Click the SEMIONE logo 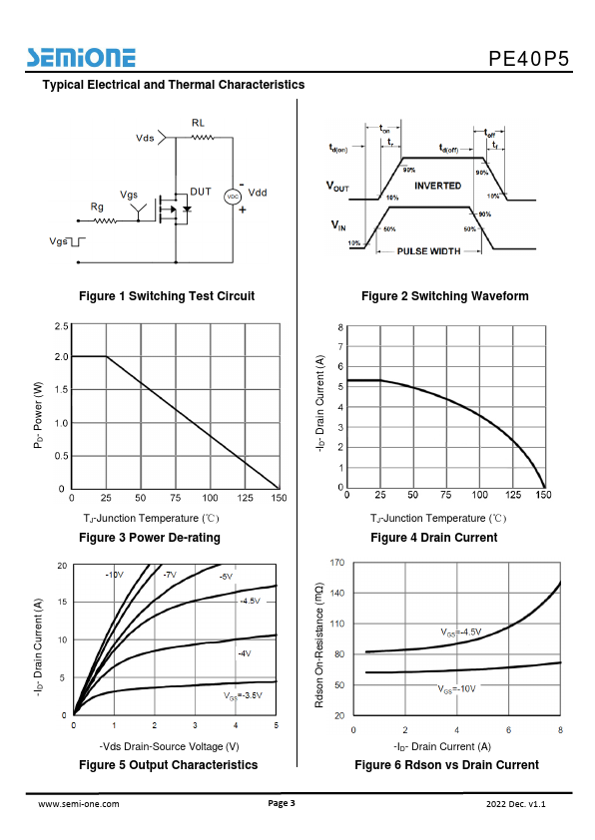tap(81, 58)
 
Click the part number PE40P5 tap(528, 59)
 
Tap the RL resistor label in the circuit tap(199, 124)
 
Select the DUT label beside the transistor tap(201, 192)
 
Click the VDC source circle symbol tap(233, 197)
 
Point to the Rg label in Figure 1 tap(97, 207)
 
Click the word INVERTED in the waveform tap(438, 186)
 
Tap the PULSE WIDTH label tap(429, 251)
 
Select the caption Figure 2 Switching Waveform tap(445, 296)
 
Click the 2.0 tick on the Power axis tap(62, 357)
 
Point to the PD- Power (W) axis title tap(38, 415)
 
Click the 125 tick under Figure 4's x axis tap(513, 495)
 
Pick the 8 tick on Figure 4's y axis tap(340, 327)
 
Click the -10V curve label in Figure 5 tap(114, 575)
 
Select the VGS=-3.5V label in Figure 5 tap(243, 696)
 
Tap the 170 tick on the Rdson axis tap(337, 563)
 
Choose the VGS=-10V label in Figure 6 tap(456, 689)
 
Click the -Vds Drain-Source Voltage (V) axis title tap(169, 746)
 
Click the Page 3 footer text tap(282, 802)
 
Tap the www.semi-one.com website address tap(79, 803)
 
